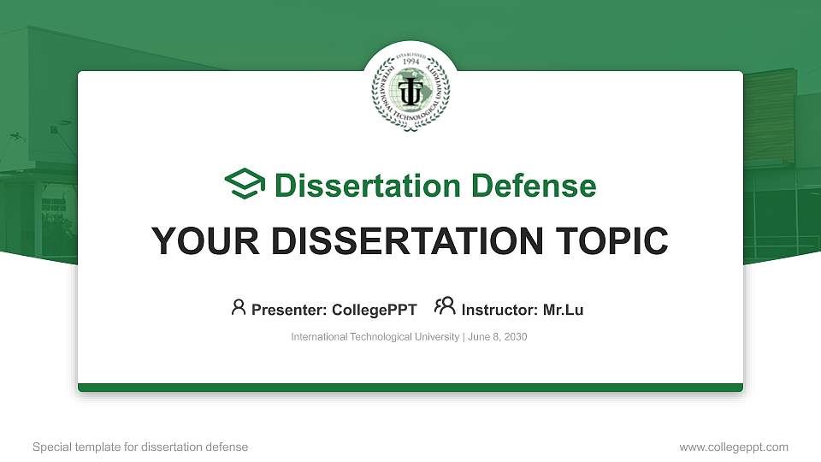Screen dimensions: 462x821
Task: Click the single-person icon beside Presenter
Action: pyautogui.click(x=239, y=307)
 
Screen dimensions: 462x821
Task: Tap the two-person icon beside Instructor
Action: pyautogui.click(x=445, y=307)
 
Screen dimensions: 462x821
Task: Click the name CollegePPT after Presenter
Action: pyautogui.click(x=374, y=310)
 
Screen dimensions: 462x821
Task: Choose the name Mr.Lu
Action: pyautogui.click(x=563, y=310)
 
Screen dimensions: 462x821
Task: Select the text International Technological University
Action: pyautogui.click(x=375, y=337)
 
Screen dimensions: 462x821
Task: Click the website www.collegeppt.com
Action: pyautogui.click(x=734, y=447)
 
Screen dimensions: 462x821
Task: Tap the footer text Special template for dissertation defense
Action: pyautogui.click(x=140, y=447)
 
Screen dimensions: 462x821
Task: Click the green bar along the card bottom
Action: pyautogui.click(x=410, y=388)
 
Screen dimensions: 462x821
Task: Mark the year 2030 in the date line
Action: pyautogui.click(x=516, y=337)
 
